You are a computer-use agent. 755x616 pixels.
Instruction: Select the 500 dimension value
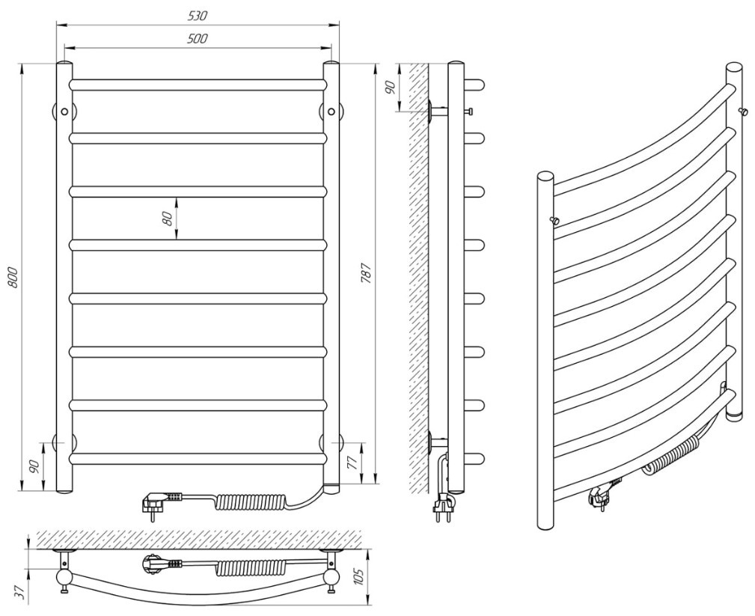tap(198, 38)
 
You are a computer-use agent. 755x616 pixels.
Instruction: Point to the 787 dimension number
tap(366, 275)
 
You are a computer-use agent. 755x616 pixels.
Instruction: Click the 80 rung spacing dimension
tap(168, 218)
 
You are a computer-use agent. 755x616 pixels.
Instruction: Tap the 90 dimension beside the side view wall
tap(389, 87)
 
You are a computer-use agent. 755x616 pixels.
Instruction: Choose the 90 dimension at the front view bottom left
tap(34, 466)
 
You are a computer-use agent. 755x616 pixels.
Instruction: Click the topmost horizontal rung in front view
tap(198, 85)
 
